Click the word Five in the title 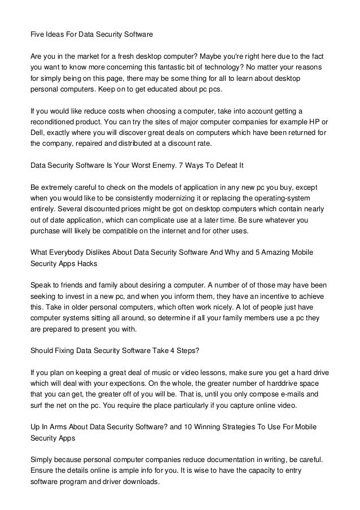click(37, 34)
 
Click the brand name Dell click(37, 133)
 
